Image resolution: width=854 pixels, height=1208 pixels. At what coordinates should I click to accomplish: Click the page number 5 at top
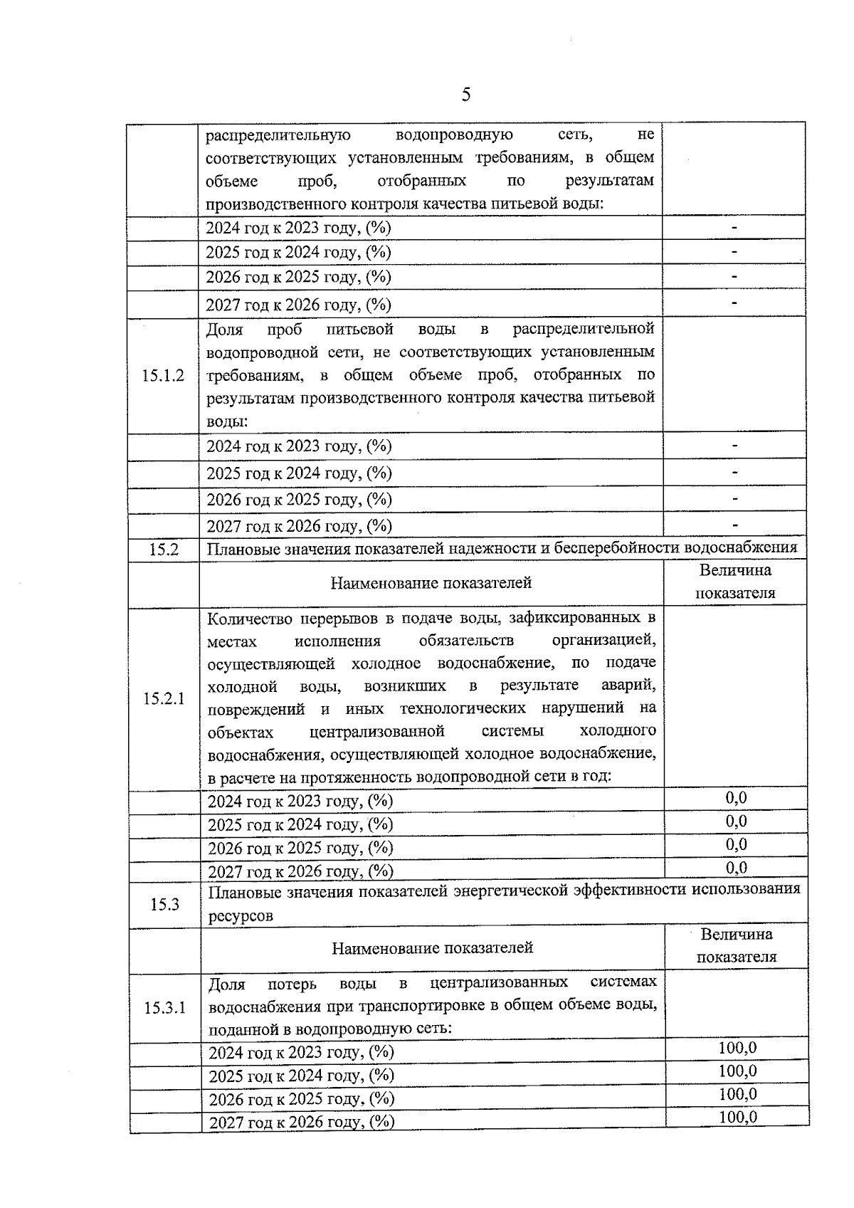466,95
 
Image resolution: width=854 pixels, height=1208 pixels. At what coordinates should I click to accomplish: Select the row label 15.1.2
163,376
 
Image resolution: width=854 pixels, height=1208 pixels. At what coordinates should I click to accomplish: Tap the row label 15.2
164,550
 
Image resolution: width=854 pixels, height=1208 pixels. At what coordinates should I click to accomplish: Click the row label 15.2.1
164,698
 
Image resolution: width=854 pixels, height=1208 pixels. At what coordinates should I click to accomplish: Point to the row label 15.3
164,905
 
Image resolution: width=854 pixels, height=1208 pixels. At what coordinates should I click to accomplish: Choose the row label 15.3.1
164,1008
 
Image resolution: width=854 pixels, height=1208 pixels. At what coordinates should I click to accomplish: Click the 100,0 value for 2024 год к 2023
737,1048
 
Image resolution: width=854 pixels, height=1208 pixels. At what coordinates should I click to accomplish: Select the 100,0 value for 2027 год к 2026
737,1117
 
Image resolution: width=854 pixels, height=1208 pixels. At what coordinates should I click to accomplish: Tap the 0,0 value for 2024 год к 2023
737,798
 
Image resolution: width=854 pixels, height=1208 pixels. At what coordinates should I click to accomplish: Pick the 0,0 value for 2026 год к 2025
737,845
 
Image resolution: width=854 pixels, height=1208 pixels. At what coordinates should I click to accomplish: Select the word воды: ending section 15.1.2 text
227,421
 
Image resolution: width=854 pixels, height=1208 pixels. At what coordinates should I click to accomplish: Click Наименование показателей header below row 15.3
432,948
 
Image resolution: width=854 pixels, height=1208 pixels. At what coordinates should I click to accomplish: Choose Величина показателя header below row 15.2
735,582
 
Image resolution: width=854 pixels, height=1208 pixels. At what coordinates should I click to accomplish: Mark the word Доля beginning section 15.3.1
226,984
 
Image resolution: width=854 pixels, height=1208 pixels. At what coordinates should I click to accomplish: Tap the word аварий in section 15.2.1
628,686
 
